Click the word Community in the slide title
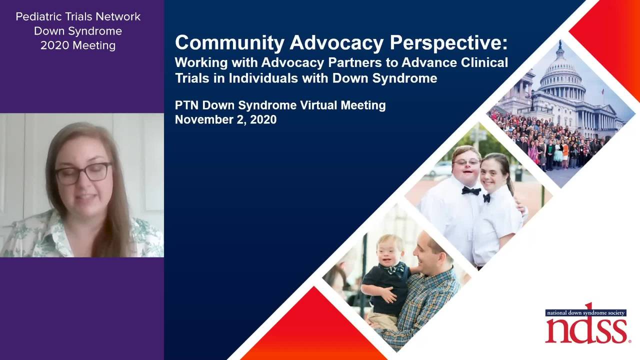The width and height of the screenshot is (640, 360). point(229,43)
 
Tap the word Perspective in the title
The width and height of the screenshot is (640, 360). point(448,43)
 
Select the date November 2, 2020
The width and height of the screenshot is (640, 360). point(225,119)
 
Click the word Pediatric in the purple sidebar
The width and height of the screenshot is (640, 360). point(38,16)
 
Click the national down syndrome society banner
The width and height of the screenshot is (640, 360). point(585,312)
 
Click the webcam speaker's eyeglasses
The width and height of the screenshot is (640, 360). point(83,173)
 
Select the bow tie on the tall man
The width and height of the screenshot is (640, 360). point(471,190)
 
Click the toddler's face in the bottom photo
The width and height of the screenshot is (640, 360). point(389,251)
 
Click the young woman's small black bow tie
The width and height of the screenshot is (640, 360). point(486,197)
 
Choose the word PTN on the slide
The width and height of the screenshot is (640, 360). point(186,105)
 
